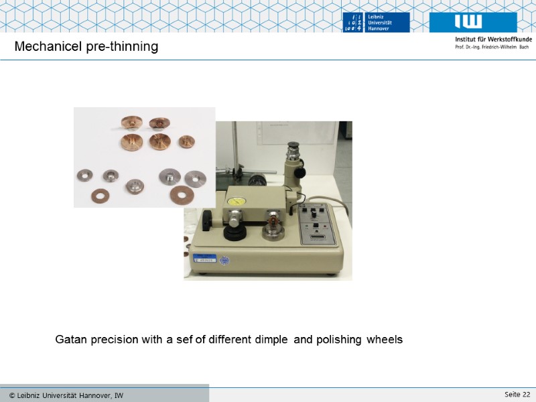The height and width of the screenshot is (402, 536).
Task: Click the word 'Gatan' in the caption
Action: click(71, 340)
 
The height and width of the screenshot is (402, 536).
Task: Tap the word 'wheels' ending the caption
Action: click(385, 340)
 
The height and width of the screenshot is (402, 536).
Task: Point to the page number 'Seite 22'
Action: click(517, 393)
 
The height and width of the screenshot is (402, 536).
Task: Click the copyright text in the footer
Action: click(66, 395)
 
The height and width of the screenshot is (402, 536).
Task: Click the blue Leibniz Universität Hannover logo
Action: click(375, 22)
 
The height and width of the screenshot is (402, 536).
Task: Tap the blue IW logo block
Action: click(473, 22)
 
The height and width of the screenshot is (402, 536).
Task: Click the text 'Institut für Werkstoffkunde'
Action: click(493, 40)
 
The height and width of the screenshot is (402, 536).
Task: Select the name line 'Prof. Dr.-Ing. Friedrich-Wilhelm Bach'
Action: click(492, 48)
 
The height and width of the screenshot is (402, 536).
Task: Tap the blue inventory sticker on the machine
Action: click(205, 259)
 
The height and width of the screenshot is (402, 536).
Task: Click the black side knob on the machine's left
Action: click(207, 218)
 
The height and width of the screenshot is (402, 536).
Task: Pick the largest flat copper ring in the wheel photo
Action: click(181, 195)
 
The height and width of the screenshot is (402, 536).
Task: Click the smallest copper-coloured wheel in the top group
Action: click(186, 142)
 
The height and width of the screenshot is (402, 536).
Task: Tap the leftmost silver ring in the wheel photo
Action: click(86, 175)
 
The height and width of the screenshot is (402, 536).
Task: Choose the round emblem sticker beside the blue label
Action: click(225, 260)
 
